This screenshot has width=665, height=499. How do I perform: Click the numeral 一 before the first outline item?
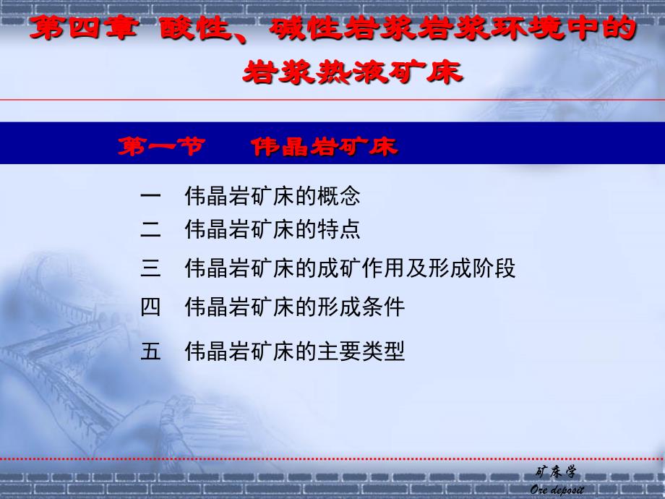[150, 196]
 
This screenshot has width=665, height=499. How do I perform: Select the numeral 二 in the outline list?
[150, 229]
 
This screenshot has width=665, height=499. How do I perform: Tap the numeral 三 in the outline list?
[150, 268]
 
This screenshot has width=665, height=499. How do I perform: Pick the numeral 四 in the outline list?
[150, 307]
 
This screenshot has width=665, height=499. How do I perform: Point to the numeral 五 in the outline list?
[150, 351]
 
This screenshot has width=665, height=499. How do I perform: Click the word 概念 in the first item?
[338, 196]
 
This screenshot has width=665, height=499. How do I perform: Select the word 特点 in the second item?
[338, 229]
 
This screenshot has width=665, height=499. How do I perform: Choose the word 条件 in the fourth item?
[383, 307]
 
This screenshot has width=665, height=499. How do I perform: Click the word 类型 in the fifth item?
[383, 351]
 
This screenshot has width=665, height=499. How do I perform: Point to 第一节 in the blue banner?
[162, 146]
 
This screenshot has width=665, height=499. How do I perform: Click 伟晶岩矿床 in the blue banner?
[325, 147]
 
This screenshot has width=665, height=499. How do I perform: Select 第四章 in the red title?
[85, 27]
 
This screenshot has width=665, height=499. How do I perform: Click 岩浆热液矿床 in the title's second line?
[353, 72]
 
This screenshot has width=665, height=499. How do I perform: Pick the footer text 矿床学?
[556, 472]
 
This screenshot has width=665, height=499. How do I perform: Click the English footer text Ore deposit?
[557, 490]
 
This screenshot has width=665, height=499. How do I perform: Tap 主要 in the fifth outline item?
[338, 351]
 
